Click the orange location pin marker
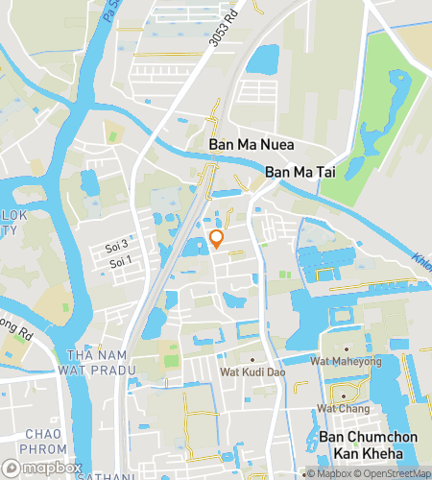click(216, 239)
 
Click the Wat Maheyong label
click(346, 362)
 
